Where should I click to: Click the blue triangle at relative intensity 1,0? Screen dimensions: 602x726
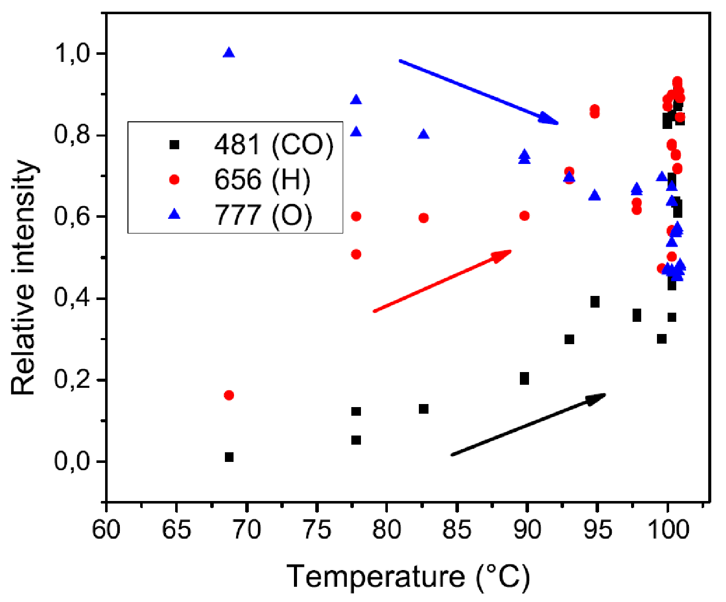pyautogui.click(x=229, y=53)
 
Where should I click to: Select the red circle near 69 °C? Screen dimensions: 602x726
pyautogui.click(x=229, y=395)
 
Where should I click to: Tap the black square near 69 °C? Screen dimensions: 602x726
pyautogui.click(x=229, y=457)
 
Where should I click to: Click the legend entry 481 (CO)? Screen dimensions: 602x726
pyautogui.click(x=273, y=145)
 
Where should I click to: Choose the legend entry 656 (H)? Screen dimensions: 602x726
pyautogui.click(x=261, y=180)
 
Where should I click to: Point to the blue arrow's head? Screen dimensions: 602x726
pyautogui.click(x=551, y=120)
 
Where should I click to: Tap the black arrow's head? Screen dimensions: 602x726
pyautogui.click(x=598, y=397)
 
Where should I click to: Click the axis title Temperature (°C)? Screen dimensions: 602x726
pyautogui.click(x=409, y=577)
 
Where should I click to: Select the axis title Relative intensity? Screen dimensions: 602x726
pyautogui.click(x=24, y=278)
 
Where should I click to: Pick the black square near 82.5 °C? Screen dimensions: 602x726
pyautogui.click(x=423, y=409)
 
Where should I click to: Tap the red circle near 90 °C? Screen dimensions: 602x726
pyautogui.click(x=524, y=216)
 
